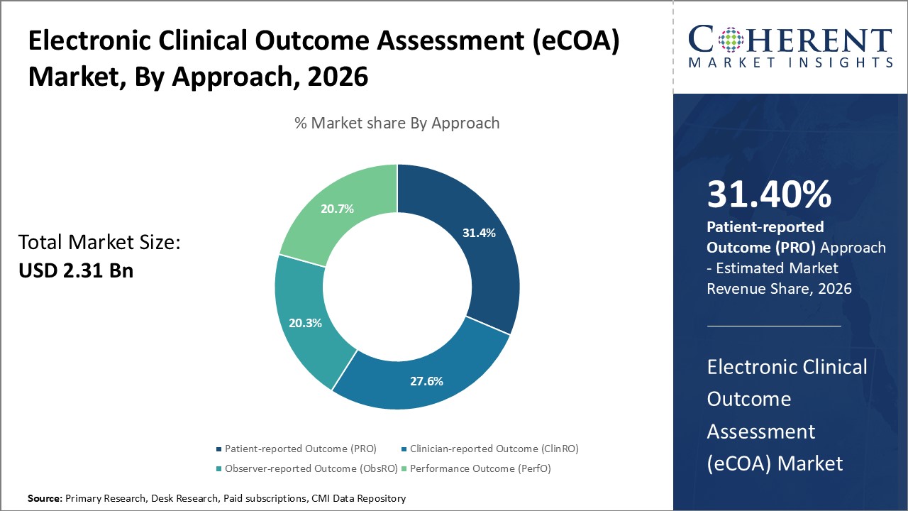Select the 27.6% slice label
(426, 381)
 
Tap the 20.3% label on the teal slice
(305, 323)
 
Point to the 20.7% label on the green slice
(337, 209)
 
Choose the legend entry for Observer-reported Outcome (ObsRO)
(305, 468)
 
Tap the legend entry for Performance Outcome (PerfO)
(480, 468)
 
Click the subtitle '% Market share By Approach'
(397, 123)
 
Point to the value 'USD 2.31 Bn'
(76, 270)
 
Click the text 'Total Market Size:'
(99, 243)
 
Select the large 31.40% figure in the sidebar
(769, 195)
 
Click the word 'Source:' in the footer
(45, 499)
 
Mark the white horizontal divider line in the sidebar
(773, 326)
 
